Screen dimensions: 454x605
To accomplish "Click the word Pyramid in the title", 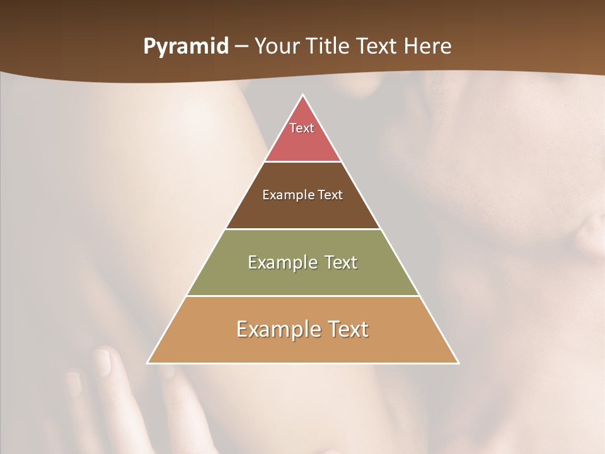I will [x=186, y=47].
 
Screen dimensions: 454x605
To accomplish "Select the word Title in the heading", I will [x=329, y=46].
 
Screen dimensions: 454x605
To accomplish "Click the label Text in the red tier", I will [x=302, y=128].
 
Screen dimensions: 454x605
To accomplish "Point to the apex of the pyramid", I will [x=303, y=96].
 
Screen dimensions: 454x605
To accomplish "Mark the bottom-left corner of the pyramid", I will [x=148, y=363].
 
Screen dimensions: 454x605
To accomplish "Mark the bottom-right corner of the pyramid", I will [x=458, y=363].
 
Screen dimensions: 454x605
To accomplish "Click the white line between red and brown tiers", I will [x=302, y=161].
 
